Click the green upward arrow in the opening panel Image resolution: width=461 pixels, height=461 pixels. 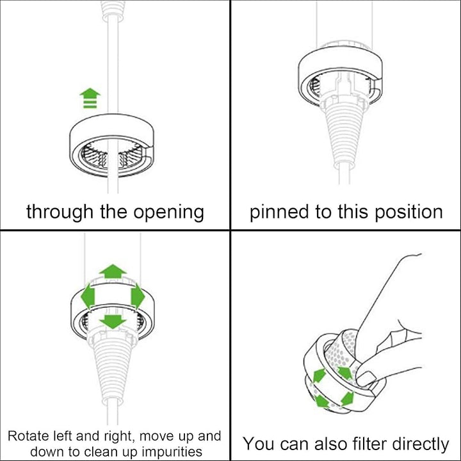(90, 99)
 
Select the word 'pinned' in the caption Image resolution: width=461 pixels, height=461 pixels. (278, 212)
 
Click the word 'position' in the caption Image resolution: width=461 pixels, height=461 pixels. (407, 212)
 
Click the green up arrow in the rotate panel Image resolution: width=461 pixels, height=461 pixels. (114, 270)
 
